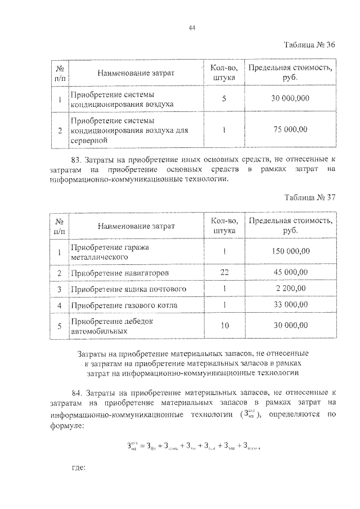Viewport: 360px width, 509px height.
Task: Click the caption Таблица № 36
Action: pyautogui.click(x=309, y=46)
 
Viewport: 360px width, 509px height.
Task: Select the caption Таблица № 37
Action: pyautogui.click(x=309, y=197)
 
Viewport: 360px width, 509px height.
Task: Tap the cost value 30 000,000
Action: pyautogui.click(x=290, y=98)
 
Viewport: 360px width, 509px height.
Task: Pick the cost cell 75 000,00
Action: pyautogui.click(x=290, y=129)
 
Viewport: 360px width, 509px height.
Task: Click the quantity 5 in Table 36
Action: pyautogui.click(x=224, y=98)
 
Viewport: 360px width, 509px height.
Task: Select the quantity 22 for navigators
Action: pyautogui.click(x=224, y=272)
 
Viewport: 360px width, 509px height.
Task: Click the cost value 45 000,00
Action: pyautogui.click(x=290, y=272)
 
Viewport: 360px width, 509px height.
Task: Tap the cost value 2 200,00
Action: pyautogui.click(x=290, y=289)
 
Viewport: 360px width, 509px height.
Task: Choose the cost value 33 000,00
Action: pyautogui.click(x=290, y=305)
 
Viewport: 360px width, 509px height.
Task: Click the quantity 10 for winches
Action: pyautogui.click(x=224, y=326)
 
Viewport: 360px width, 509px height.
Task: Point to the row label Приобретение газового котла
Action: pyautogui.click(x=124, y=305)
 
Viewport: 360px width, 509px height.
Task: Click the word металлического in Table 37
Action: pyautogui.click(x=99, y=257)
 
